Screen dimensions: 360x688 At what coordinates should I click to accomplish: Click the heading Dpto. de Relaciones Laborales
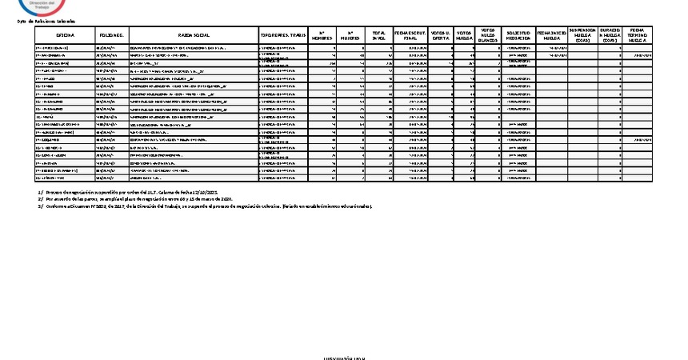pos(46,21)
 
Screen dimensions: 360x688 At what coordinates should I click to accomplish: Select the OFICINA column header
pos(65,36)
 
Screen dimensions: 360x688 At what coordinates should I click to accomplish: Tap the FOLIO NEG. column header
pos(111,36)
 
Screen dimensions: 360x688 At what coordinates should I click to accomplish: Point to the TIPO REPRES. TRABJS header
pos(283,36)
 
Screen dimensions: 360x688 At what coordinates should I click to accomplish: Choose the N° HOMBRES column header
pos(322,36)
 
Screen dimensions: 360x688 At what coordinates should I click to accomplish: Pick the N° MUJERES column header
pos(350,36)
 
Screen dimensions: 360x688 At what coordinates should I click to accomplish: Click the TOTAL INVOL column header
pos(379,36)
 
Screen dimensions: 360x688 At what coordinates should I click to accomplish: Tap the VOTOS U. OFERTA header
pos(440,36)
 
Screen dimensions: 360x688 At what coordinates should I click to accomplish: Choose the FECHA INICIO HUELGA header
pos(552,36)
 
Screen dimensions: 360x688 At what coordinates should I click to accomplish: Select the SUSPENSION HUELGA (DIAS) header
pos(582,36)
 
